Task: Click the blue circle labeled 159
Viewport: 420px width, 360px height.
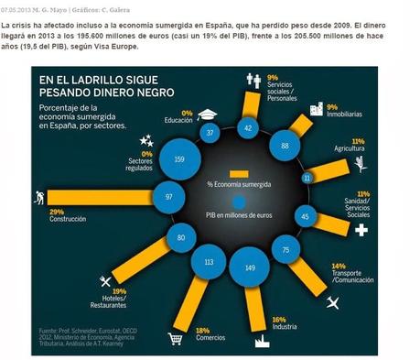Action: click(x=178, y=160)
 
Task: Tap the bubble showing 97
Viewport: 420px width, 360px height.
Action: click(x=168, y=197)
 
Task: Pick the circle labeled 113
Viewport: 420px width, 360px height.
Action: click(x=208, y=261)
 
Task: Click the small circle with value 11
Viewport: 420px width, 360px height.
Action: click(x=307, y=177)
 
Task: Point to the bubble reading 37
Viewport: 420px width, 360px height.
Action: click(x=210, y=133)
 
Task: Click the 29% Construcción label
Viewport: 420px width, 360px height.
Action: click(x=51, y=216)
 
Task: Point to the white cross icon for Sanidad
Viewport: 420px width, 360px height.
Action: click(x=361, y=230)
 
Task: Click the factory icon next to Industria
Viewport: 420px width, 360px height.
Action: click(x=260, y=338)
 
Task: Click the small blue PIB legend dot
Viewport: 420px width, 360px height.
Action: click(x=238, y=202)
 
